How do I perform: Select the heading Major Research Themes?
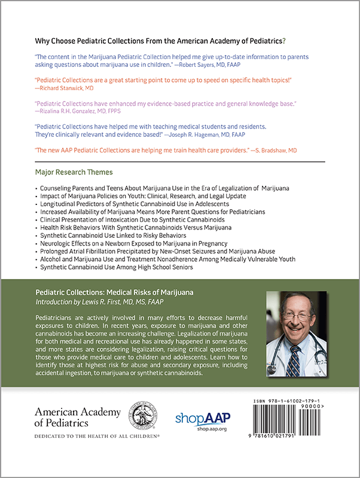point(74,173)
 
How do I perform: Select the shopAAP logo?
point(202,419)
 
